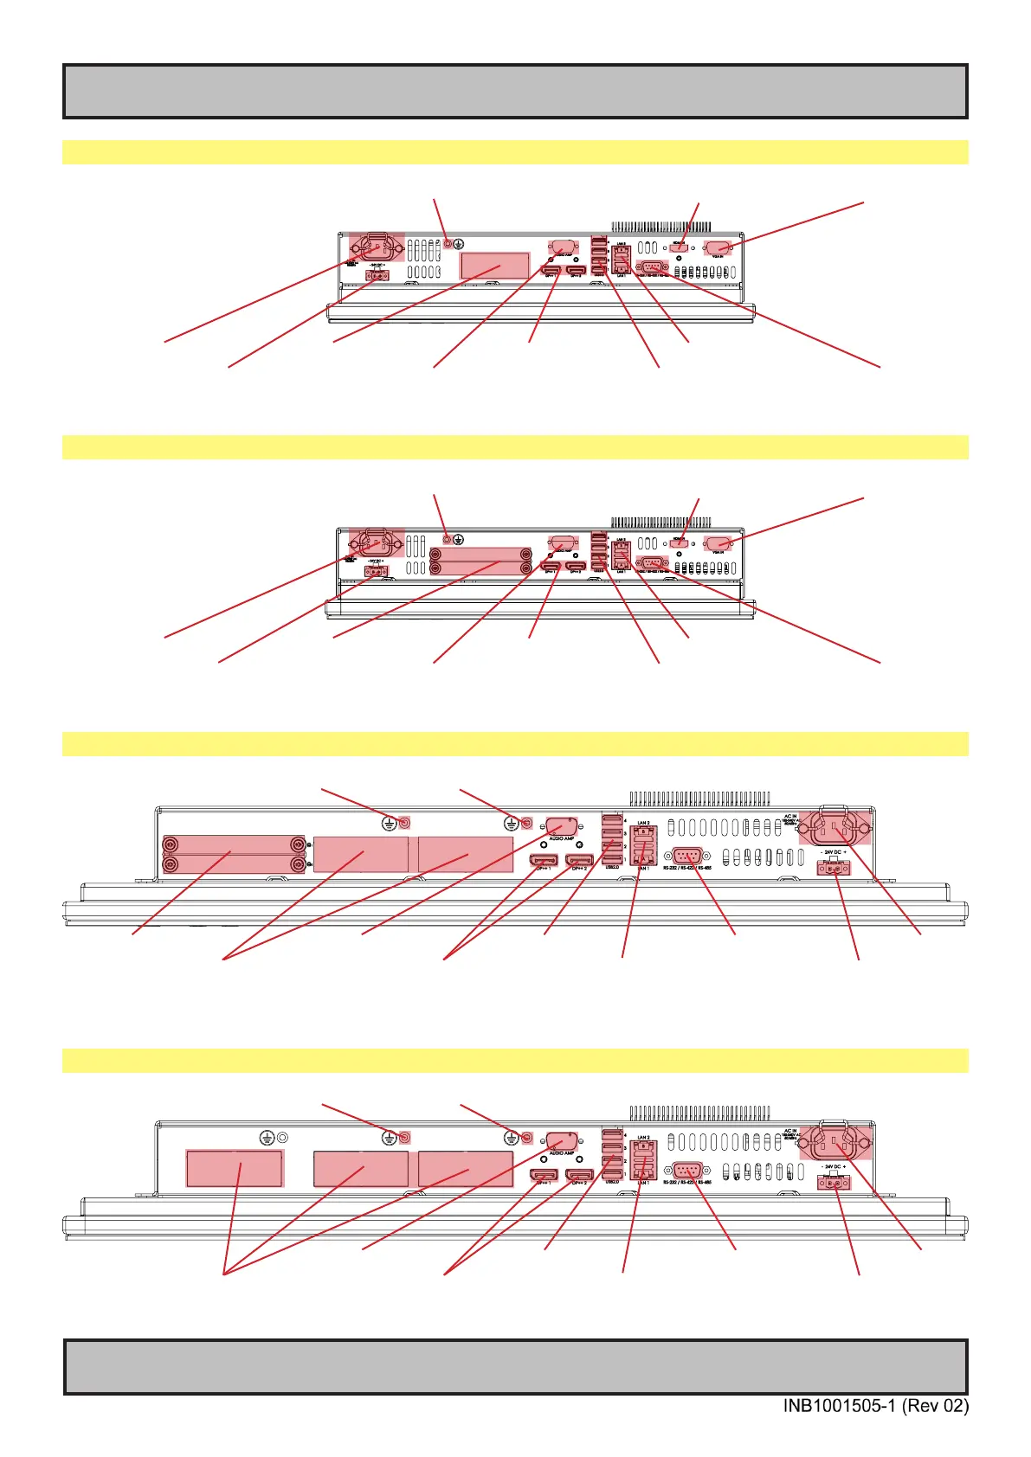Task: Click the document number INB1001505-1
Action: pos(840,1406)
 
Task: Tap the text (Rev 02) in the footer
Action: pos(935,1406)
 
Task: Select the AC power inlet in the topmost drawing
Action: pos(377,248)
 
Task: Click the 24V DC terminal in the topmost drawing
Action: pos(377,275)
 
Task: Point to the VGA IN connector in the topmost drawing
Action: pos(718,247)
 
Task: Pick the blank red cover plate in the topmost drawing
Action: pos(495,266)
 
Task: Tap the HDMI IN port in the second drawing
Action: pos(680,543)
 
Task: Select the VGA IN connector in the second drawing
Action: pos(718,543)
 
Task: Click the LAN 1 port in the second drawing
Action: pos(621,561)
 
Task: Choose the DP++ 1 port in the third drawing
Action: pos(544,860)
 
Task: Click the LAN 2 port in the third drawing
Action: pos(643,835)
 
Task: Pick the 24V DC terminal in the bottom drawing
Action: pos(833,1182)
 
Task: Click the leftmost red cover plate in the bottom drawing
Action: pos(235,1169)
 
